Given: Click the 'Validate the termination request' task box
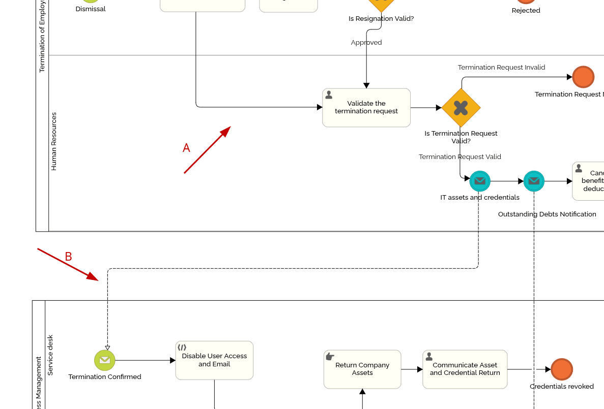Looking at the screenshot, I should pyautogui.click(x=366, y=107).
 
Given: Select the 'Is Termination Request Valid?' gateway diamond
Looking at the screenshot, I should pyautogui.click(x=461, y=108).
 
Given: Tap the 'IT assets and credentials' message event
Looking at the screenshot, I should pyautogui.click(x=479, y=181).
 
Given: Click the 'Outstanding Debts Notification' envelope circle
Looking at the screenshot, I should pyautogui.click(x=534, y=181).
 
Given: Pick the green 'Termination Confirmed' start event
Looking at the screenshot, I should pyautogui.click(x=104, y=360).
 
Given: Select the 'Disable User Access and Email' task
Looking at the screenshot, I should pyautogui.click(x=214, y=360).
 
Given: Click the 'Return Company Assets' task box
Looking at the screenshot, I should pyautogui.click(x=362, y=369).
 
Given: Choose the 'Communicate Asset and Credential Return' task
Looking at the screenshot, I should pyautogui.click(x=465, y=369).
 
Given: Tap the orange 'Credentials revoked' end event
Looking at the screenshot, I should pyautogui.click(x=562, y=369).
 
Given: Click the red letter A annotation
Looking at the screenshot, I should pyautogui.click(x=186, y=148).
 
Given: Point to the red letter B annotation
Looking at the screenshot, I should pyautogui.click(x=68, y=257).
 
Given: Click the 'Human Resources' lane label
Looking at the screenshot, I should pyautogui.click(x=54, y=141).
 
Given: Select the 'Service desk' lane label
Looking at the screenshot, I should pyautogui.click(x=50, y=355).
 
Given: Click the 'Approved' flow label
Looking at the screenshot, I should pyautogui.click(x=366, y=43).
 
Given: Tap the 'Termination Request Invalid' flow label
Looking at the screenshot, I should pyautogui.click(x=501, y=67).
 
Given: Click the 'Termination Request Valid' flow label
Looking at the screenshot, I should pyautogui.click(x=459, y=156).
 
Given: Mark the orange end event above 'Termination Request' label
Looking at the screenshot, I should pyautogui.click(x=583, y=77).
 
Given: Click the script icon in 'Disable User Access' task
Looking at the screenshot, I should pyautogui.click(x=182, y=348).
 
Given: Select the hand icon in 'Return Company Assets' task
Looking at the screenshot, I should pyautogui.click(x=330, y=356).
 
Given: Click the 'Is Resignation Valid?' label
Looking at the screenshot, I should pyautogui.click(x=381, y=19).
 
